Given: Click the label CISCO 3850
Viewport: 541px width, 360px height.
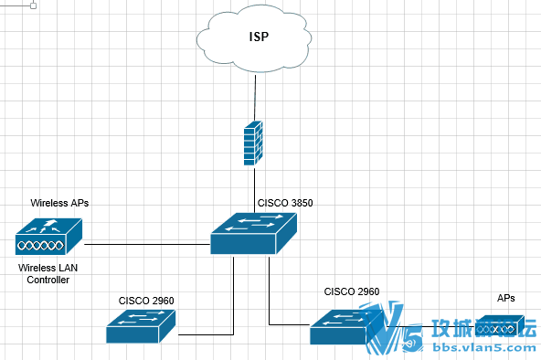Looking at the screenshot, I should (285, 203).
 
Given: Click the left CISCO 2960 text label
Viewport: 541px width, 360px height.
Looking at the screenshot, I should (146, 300).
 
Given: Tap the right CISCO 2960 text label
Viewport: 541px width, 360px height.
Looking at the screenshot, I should (352, 291).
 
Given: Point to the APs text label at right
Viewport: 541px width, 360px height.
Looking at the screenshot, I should (505, 298).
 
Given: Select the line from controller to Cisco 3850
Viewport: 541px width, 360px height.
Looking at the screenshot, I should (146, 244).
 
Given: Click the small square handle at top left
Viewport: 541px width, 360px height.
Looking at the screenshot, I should (34, 5).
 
